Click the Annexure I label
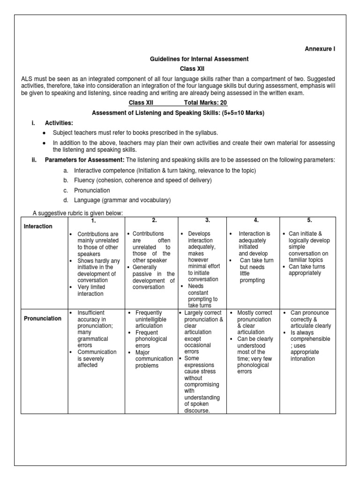[x=320, y=49]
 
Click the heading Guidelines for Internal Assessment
[x=199, y=59]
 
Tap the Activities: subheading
[x=59, y=123]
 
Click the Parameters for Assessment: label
[x=84, y=160]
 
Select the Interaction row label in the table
[x=38, y=226]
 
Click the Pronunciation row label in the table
[x=43, y=318]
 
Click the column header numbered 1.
[x=94, y=220]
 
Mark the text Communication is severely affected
[x=97, y=359]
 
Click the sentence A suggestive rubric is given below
[x=77, y=213]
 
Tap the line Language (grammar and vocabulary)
[x=122, y=200]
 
